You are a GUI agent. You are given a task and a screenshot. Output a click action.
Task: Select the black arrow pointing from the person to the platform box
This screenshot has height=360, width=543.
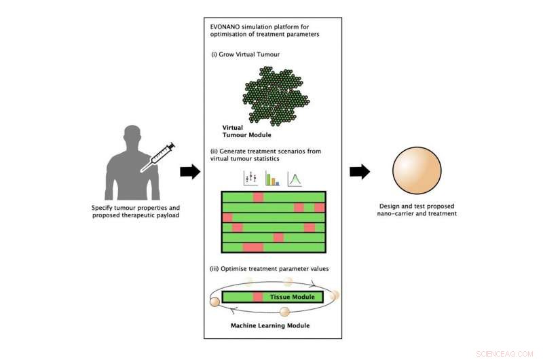pos(189,172)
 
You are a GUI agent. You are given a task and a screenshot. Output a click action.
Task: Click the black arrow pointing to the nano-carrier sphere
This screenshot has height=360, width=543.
pos(359,172)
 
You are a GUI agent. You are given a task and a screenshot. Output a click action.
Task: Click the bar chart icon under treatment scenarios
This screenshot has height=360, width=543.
pos(272,179)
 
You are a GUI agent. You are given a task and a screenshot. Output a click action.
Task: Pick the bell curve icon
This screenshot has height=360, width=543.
pos(295,179)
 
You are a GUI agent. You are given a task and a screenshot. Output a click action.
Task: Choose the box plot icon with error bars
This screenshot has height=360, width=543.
pos(249,179)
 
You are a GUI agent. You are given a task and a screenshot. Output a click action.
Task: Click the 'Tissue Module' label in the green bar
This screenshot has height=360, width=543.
pos(293,297)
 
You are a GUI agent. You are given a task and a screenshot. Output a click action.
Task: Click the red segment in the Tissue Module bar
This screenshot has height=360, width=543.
pos(258,297)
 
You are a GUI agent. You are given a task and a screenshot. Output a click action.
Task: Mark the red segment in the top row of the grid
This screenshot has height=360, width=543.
pos(258,197)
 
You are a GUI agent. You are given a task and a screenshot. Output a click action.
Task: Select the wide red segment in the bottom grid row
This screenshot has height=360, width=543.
pos(253,247)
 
